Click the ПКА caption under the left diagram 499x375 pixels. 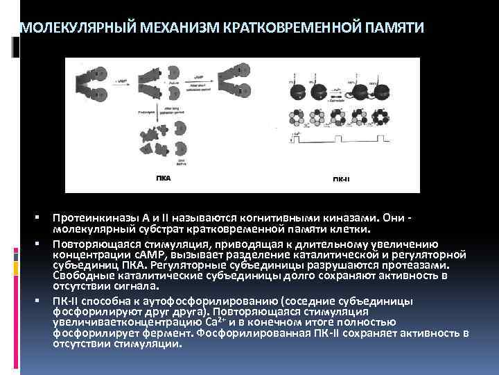point(164,178)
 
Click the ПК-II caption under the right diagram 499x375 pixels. point(341,179)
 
